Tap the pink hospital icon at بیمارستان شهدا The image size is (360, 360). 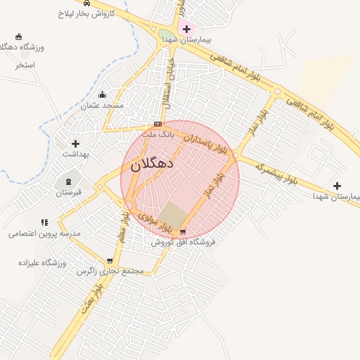coord(186,29)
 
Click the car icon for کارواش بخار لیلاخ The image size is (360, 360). coord(86,3)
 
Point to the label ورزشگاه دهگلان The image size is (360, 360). coord(20,46)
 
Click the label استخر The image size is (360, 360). coord(25,65)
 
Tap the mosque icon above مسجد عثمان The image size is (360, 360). coord(103,95)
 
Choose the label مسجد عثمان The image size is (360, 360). coord(102,105)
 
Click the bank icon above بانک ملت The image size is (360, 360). coord(157,124)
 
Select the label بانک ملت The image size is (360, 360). coord(157,134)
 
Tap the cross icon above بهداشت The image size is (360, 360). coord(75,143)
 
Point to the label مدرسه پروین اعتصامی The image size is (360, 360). coord(45,233)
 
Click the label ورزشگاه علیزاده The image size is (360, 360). coord(42,262)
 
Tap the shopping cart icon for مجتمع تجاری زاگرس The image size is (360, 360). coord(109,261)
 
